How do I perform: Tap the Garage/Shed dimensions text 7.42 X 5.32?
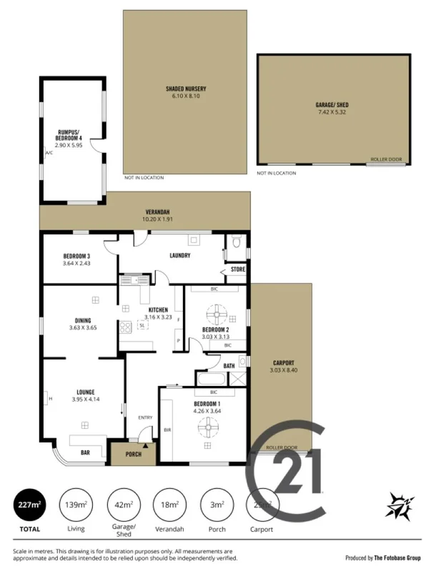pos(332,112)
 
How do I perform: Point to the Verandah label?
pos(157,212)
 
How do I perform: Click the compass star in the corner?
pos(398,506)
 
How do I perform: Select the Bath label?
pos(229,365)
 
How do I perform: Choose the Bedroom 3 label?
pos(77,256)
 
